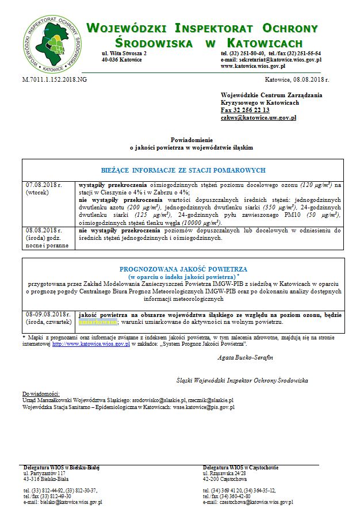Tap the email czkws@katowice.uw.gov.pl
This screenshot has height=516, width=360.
tap(258, 117)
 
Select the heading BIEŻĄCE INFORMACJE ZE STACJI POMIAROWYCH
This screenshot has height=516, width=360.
tap(183, 170)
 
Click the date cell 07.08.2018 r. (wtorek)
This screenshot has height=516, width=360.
tap(44, 189)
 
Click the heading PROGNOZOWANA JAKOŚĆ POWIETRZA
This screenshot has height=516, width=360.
tap(183, 269)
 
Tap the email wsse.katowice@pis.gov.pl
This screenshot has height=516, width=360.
tap(202, 407)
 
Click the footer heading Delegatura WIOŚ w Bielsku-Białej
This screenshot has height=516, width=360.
tap(62, 467)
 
